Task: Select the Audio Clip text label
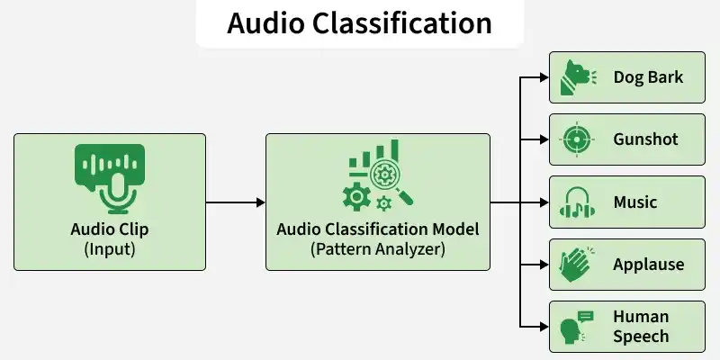click(x=109, y=229)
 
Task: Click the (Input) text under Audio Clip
click(x=109, y=248)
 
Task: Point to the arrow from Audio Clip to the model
click(x=236, y=202)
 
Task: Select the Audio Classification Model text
click(x=378, y=229)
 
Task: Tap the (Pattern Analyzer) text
click(x=378, y=249)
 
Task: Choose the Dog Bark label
click(x=648, y=76)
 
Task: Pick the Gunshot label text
click(x=646, y=139)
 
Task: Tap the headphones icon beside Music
click(x=576, y=202)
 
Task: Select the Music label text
click(x=635, y=202)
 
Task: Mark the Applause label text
click(x=648, y=265)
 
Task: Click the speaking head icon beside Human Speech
click(x=574, y=326)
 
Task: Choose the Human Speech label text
click(x=641, y=326)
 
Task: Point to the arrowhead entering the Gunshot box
click(x=543, y=139)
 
